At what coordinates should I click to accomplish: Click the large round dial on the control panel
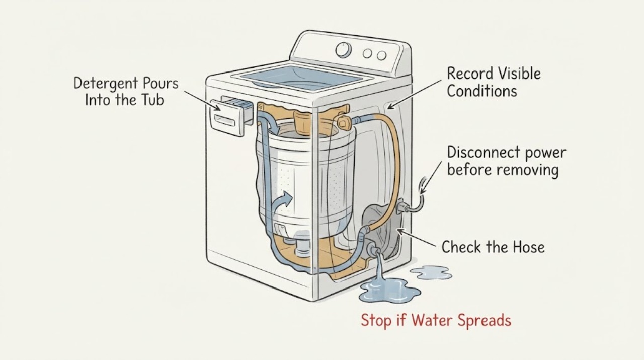click(343, 50)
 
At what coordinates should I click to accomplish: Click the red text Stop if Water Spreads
click(436, 320)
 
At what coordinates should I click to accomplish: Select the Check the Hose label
click(493, 247)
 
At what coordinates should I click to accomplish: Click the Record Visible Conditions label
click(494, 82)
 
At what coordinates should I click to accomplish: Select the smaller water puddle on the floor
click(431, 273)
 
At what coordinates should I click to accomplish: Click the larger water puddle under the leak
click(389, 291)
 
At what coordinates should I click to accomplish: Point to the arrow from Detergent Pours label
click(202, 101)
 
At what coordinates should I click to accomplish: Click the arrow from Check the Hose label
click(416, 238)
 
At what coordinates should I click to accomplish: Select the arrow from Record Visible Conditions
click(414, 94)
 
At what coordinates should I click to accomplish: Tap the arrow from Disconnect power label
click(431, 178)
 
